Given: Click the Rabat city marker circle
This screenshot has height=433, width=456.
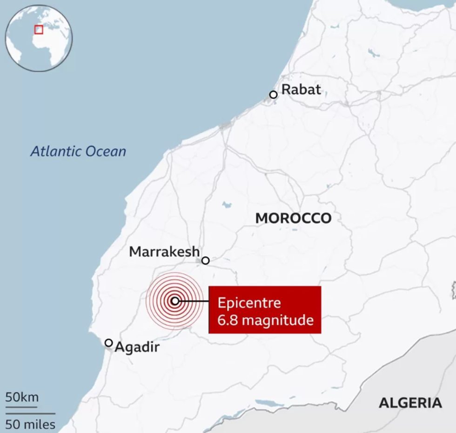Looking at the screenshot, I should tap(274, 95).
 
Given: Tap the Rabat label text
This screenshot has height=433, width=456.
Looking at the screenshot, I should tap(301, 89).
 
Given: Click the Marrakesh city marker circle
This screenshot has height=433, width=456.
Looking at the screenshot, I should tap(205, 261).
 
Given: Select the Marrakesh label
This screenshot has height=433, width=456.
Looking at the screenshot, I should tap(164, 252).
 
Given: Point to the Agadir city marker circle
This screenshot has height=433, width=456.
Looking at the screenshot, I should tap(108, 343).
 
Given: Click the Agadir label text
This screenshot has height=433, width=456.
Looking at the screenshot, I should tap(137, 347).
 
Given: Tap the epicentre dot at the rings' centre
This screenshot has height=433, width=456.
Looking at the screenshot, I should tap(175, 301).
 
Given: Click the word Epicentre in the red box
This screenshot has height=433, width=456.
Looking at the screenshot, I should tap(249, 303).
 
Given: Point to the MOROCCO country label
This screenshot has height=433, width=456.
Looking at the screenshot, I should tap(293, 218).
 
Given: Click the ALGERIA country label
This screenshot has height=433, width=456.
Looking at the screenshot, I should tap(410, 403).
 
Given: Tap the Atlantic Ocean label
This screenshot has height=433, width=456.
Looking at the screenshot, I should tap(78, 151).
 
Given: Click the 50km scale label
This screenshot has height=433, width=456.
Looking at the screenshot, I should tap(22, 398).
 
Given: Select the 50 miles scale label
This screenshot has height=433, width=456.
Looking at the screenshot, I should tap(30, 424).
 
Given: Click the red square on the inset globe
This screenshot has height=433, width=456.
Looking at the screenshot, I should tap(39, 29).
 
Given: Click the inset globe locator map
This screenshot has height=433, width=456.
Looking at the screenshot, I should tap(39, 38).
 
